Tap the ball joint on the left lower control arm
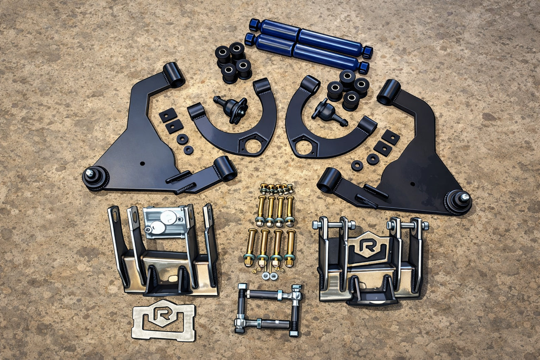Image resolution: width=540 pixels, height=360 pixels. tap(95, 178)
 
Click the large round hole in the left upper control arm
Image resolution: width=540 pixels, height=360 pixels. tap(253, 146)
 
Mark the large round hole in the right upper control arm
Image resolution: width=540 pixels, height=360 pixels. tap(304, 147)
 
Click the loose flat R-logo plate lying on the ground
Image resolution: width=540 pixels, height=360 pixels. tap(163, 320)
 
